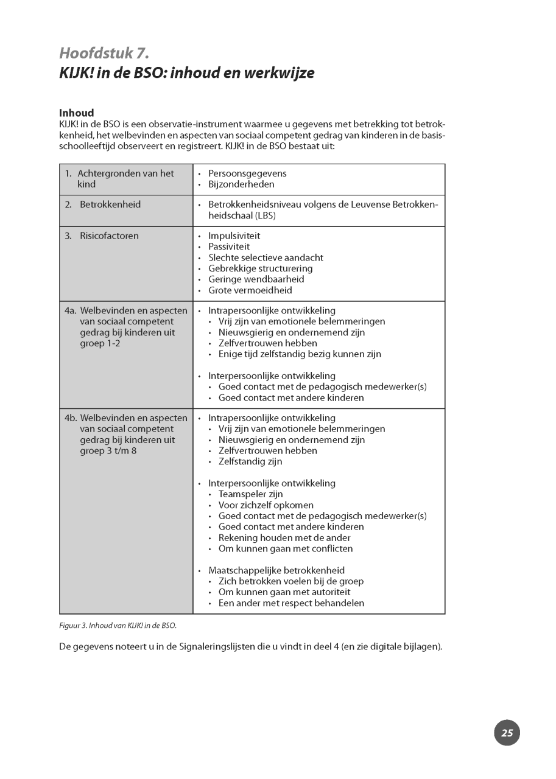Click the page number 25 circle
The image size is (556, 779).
point(507,733)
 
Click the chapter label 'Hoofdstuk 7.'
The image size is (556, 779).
point(104,54)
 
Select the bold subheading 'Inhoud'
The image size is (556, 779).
point(76,113)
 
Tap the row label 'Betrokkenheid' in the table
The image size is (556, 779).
point(110,204)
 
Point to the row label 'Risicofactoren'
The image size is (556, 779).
point(109,236)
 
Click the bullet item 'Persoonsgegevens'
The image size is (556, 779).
point(247,173)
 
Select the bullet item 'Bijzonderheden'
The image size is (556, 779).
point(241,184)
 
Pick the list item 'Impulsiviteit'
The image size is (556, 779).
point(234,236)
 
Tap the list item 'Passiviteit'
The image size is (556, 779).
point(229,246)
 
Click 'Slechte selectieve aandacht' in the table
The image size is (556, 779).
point(266,257)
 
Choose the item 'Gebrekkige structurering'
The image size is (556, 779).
point(260,268)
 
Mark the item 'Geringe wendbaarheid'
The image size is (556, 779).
point(256,279)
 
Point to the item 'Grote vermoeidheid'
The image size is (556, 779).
point(250,290)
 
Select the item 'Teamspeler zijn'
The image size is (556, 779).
point(250,494)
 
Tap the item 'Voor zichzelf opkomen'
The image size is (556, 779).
point(266,505)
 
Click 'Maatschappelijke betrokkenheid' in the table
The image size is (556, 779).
point(276,570)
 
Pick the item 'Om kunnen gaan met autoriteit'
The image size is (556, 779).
point(284,592)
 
